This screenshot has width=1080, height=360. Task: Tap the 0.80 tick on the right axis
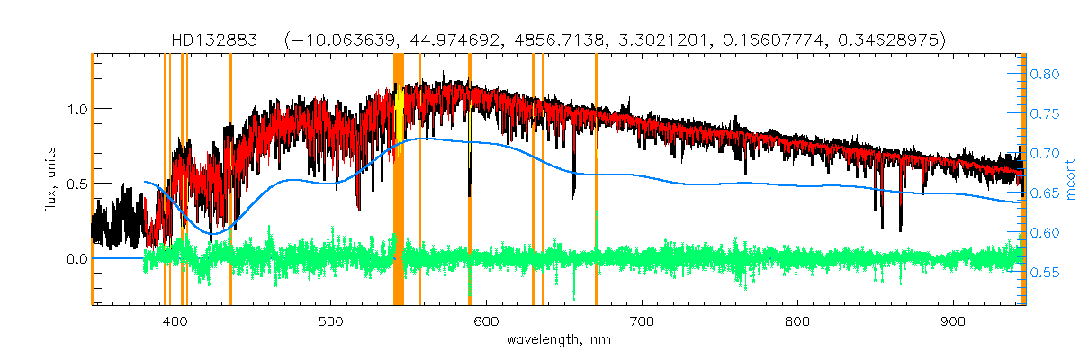point(1045,75)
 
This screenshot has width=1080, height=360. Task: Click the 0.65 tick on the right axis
point(1045,193)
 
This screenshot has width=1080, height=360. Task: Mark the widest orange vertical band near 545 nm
point(399,180)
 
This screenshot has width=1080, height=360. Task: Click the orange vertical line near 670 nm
point(596,180)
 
